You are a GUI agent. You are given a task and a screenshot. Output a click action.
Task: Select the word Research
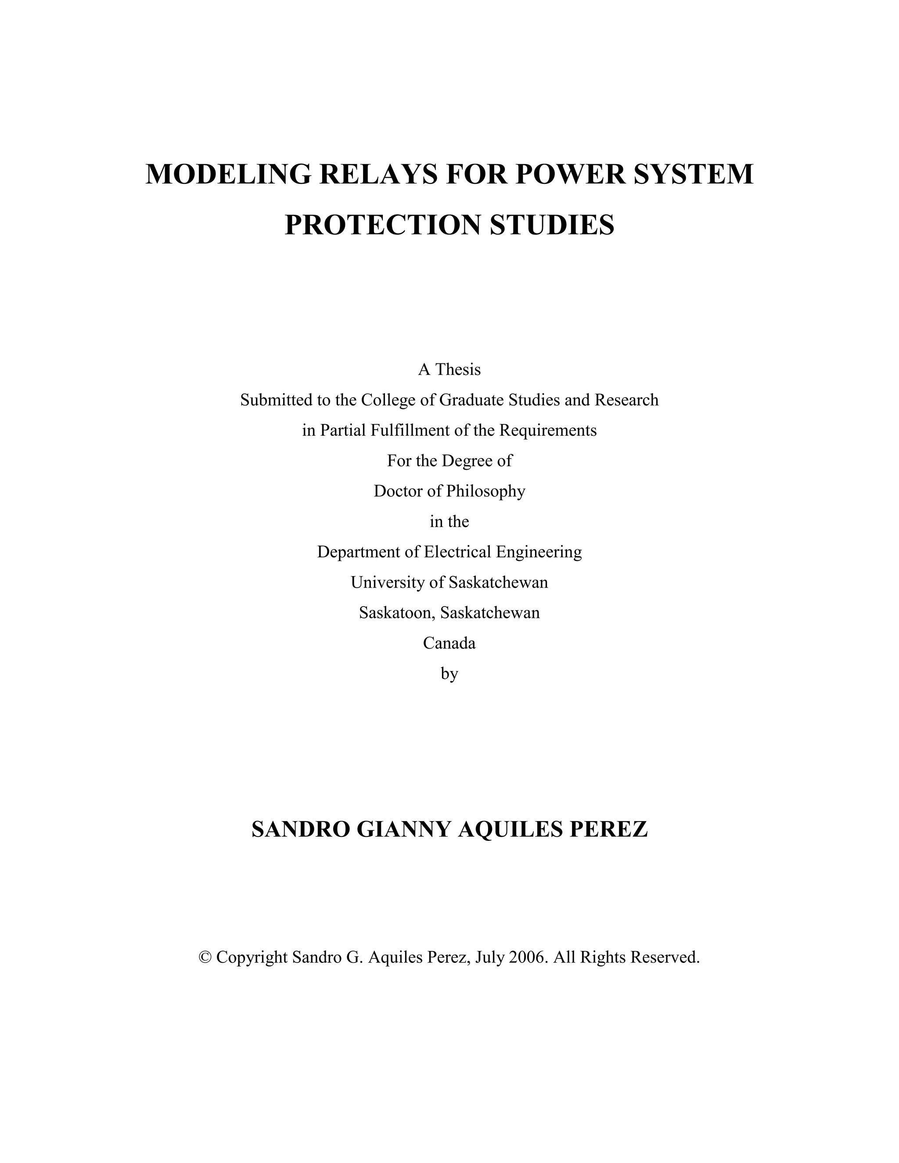click(x=627, y=400)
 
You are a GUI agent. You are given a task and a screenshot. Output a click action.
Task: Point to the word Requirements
click(x=548, y=430)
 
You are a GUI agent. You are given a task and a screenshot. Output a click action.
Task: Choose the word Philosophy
click(x=486, y=491)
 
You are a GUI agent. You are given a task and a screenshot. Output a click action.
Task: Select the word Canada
click(x=449, y=643)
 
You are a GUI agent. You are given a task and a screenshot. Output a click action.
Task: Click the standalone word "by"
click(x=449, y=674)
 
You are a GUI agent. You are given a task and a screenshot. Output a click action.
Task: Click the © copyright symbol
click(x=205, y=958)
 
